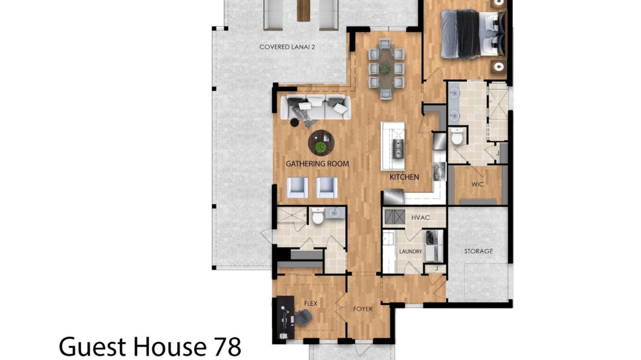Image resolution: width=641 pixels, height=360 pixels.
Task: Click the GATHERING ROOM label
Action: (x=317, y=164)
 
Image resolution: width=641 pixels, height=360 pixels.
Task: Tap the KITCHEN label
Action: (x=404, y=177)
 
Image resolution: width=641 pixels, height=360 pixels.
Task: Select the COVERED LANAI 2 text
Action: (x=287, y=47)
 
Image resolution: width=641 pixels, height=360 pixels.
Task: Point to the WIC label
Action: (x=478, y=184)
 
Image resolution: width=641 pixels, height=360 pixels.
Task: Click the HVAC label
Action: (x=420, y=218)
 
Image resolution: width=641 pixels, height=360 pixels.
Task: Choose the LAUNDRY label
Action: (x=411, y=251)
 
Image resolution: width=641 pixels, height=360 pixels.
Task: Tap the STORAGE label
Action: (x=478, y=251)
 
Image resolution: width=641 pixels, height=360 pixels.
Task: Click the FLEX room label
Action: (x=311, y=303)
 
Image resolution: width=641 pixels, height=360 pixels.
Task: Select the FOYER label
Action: (x=363, y=309)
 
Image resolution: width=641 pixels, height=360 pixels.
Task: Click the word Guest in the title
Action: (x=92, y=347)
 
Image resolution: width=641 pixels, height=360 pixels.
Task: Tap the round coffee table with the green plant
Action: (x=321, y=143)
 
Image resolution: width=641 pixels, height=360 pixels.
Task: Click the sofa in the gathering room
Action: (x=316, y=107)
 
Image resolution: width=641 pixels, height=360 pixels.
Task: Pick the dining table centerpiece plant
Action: (x=385, y=68)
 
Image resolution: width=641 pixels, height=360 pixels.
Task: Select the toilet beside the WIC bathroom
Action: (x=457, y=136)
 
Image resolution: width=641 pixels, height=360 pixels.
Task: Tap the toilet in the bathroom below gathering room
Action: (x=318, y=216)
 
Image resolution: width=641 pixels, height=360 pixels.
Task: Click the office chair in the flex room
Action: (x=303, y=317)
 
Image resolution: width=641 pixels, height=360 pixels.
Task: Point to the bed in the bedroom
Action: (x=472, y=34)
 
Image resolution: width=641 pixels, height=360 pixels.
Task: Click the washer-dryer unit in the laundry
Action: (x=433, y=246)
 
